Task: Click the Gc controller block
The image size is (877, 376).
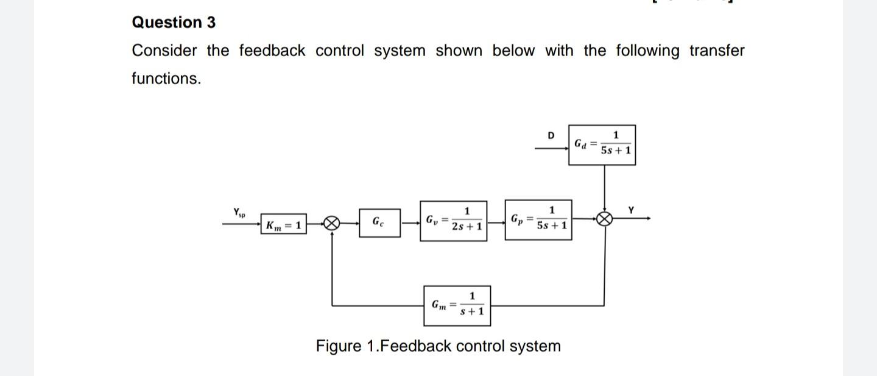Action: click(378, 224)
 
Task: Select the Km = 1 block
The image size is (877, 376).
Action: click(283, 225)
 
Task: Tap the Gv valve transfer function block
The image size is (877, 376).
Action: click(453, 220)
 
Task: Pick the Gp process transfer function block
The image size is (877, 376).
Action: click(538, 219)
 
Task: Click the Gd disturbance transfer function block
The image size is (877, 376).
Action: click(602, 145)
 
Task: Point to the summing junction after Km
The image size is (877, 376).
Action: click(331, 224)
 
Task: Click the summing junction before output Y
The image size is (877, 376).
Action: click(604, 219)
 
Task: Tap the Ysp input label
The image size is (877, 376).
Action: click(239, 213)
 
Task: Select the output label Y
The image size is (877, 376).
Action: click(631, 210)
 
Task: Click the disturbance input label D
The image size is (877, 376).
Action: click(551, 135)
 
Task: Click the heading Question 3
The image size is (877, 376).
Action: click(174, 23)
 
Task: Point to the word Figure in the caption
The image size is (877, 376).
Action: click(338, 346)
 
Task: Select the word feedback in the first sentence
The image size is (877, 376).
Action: click(272, 51)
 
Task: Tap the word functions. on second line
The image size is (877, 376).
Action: click(166, 79)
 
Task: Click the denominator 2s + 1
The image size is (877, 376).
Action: click(467, 227)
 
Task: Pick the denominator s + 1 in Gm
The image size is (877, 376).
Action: click(472, 312)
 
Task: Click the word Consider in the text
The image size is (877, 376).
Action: click(164, 51)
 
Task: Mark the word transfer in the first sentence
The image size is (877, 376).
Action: click(716, 51)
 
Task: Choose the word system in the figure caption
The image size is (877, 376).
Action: click(535, 346)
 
